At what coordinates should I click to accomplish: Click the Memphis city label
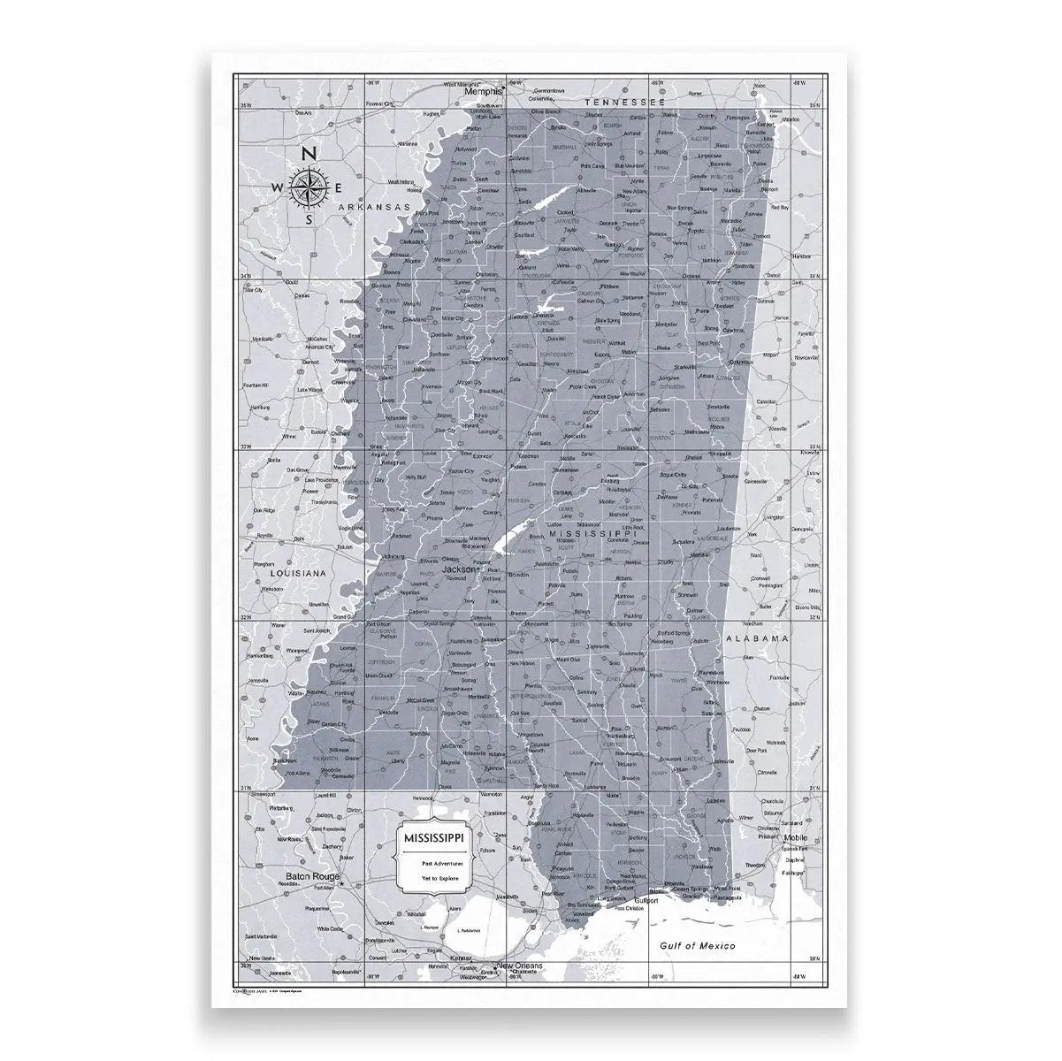click(485, 91)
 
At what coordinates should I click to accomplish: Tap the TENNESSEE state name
click(624, 103)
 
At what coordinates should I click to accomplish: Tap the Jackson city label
click(458, 570)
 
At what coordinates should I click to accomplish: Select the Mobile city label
click(771, 836)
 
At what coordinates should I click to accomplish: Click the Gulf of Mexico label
click(699, 946)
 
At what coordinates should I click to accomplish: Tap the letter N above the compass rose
click(309, 154)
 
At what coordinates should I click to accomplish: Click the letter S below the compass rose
click(309, 218)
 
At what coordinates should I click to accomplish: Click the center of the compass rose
click(309, 186)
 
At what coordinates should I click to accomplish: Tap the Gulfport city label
click(646, 901)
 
